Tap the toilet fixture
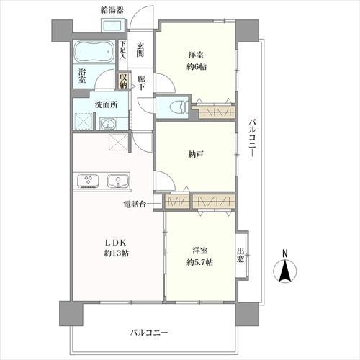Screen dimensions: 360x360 coord(178,107)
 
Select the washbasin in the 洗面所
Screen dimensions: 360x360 coord(108,124)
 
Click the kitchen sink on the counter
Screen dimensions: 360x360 coord(118,181)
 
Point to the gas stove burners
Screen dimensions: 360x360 coord(88,181)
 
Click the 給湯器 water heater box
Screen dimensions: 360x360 coord(112,24)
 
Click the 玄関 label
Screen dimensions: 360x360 coord(140,50)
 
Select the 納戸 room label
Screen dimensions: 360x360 coord(196,154)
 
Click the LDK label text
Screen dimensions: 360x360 coord(116,243)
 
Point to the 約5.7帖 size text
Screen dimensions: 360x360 coord(199,262)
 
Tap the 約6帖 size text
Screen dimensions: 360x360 coord(197,66)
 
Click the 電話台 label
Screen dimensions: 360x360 coord(135,204)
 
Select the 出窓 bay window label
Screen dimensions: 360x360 coord(240,255)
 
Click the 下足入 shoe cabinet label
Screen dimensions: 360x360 coord(123,50)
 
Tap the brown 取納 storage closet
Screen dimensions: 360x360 coord(123,81)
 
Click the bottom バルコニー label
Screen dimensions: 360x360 coord(149,333)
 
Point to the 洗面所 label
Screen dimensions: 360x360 coord(107,105)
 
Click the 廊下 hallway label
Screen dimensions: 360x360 coord(141,83)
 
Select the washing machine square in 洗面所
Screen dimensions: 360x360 coord(84,122)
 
